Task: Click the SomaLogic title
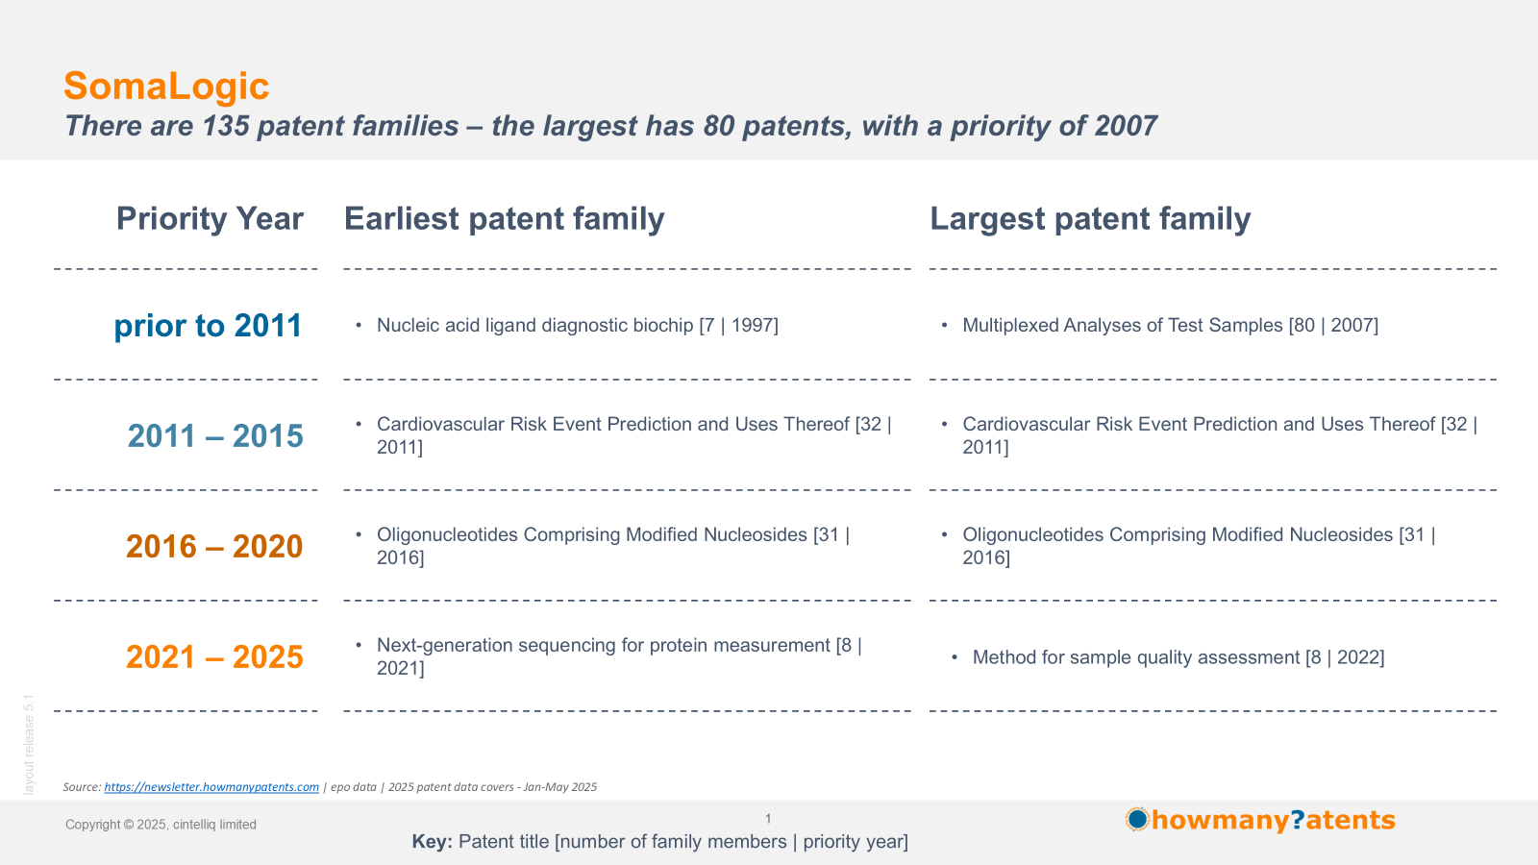tap(166, 86)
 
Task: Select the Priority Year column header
tap(210, 219)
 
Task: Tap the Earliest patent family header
tap(504, 219)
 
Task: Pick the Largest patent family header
tap(1090, 219)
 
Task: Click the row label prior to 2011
tap(208, 326)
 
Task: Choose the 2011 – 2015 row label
tap(215, 436)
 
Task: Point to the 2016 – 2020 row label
tap(214, 547)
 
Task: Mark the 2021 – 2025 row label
tap(214, 657)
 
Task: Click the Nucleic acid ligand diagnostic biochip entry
tap(578, 326)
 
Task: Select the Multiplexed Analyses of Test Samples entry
tap(1170, 326)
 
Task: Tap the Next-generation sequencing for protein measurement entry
tap(619, 656)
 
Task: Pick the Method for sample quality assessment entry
tap(1178, 657)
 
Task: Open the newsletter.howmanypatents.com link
tap(211, 787)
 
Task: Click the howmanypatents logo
tap(1260, 820)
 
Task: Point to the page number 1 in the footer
tap(768, 818)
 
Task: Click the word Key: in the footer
tap(432, 842)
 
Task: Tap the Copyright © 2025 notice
tap(161, 825)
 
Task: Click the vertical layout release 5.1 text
tap(29, 745)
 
